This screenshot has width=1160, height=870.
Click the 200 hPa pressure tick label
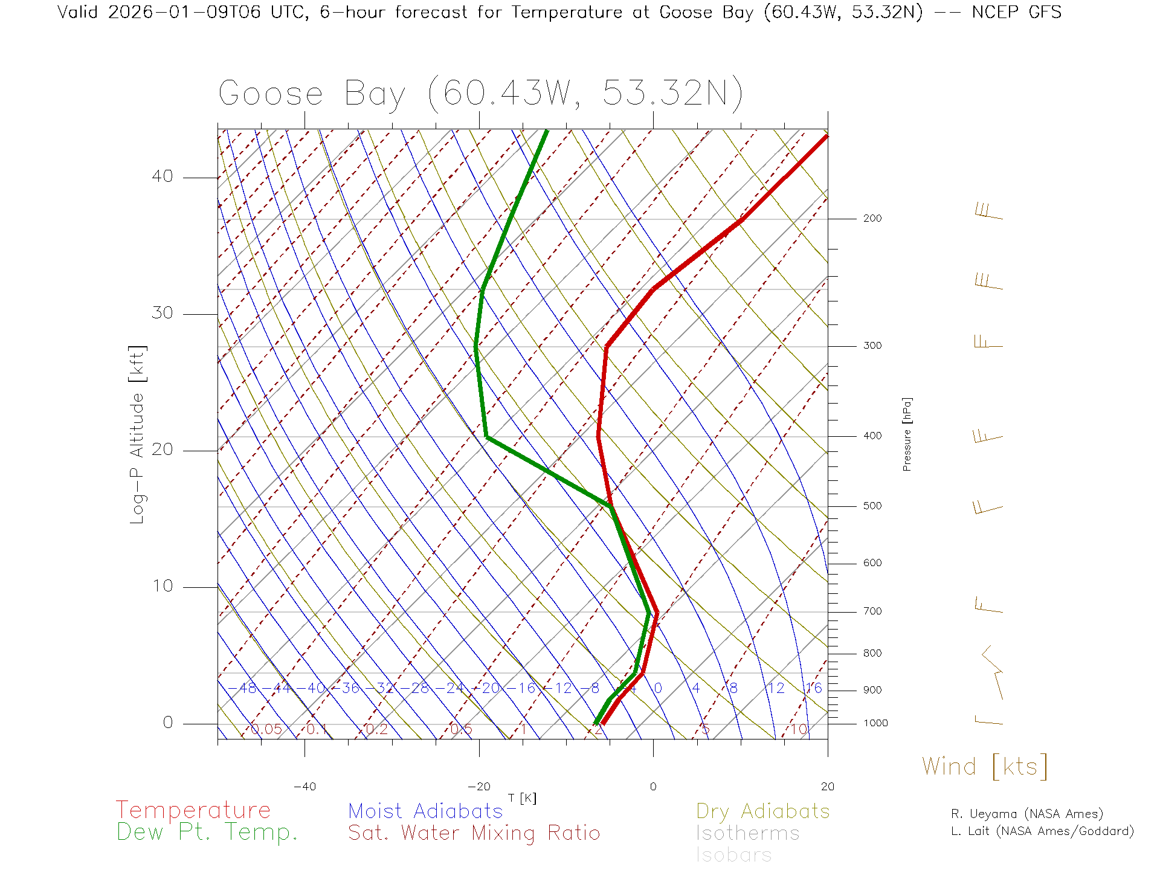(872, 218)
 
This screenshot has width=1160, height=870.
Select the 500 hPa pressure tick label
(872, 506)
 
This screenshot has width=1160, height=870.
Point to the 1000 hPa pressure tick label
(875, 723)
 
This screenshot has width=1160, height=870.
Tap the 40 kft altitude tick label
(162, 176)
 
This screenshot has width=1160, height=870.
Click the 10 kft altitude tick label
(162, 586)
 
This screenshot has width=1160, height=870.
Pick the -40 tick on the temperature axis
(304, 787)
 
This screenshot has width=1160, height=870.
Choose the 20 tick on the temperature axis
(827, 787)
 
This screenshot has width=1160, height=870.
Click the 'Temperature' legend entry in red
(193, 810)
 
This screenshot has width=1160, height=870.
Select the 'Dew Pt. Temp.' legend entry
(207, 833)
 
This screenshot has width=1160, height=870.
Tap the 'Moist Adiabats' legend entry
(425, 811)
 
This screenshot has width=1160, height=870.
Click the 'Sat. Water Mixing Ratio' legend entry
(474, 833)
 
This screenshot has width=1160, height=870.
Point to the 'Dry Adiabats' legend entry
(762, 811)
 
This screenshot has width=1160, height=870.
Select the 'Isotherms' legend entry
(747, 833)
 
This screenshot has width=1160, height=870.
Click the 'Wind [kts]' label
(985, 767)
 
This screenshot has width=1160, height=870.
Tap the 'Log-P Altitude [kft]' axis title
(138, 434)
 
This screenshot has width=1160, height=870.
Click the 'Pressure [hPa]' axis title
(907, 434)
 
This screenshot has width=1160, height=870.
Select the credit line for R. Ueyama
(1026, 814)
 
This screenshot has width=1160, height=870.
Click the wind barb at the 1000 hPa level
(988, 720)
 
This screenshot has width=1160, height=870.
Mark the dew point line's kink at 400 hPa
(486, 436)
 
